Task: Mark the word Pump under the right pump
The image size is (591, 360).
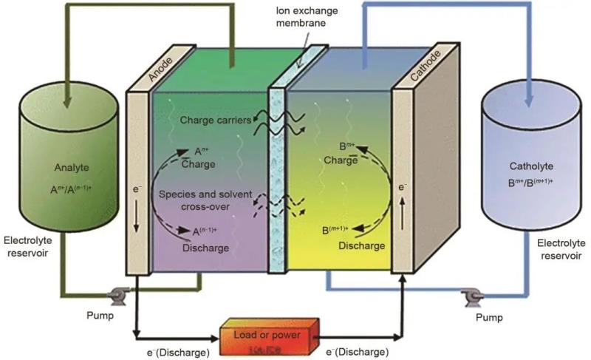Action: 487,318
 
